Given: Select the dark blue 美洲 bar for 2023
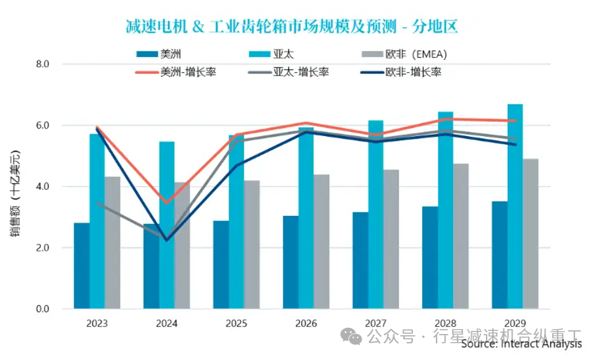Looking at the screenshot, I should click(x=82, y=266).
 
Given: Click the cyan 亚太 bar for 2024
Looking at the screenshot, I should click(x=167, y=225).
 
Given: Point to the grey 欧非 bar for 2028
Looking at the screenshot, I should click(x=461, y=236).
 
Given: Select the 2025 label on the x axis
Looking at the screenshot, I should click(x=236, y=324).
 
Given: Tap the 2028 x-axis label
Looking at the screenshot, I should click(x=445, y=324).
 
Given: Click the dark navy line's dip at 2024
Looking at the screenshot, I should click(x=166, y=240).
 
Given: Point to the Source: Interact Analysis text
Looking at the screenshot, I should click(x=521, y=344).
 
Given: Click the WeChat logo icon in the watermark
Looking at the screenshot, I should click(x=354, y=337).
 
